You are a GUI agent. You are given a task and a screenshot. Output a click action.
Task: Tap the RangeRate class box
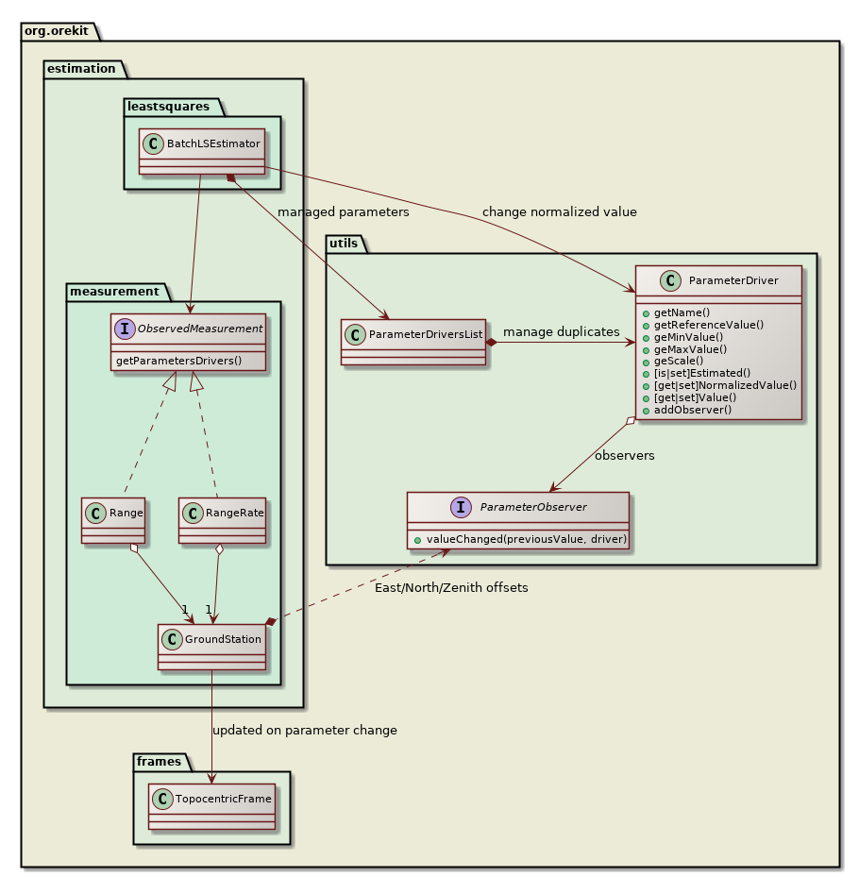click(222, 520)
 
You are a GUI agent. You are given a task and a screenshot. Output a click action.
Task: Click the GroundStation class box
click(211, 646)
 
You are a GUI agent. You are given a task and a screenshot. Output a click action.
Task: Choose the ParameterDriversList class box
click(413, 342)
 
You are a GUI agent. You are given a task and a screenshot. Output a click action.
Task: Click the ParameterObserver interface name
click(533, 507)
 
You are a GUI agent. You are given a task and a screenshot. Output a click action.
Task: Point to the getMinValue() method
click(682, 336)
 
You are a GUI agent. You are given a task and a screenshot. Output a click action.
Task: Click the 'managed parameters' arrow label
click(343, 212)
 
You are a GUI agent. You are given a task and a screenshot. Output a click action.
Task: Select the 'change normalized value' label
click(559, 212)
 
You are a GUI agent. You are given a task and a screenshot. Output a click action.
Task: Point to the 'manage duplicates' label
click(561, 331)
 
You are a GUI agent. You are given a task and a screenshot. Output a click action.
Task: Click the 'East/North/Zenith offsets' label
click(458, 587)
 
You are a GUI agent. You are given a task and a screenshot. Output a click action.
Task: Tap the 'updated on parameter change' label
click(305, 730)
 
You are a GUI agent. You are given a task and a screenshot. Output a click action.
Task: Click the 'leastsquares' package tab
click(167, 106)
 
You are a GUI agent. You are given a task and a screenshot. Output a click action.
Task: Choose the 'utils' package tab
click(346, 244)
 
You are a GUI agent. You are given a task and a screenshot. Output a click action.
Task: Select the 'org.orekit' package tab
click(58, 31)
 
